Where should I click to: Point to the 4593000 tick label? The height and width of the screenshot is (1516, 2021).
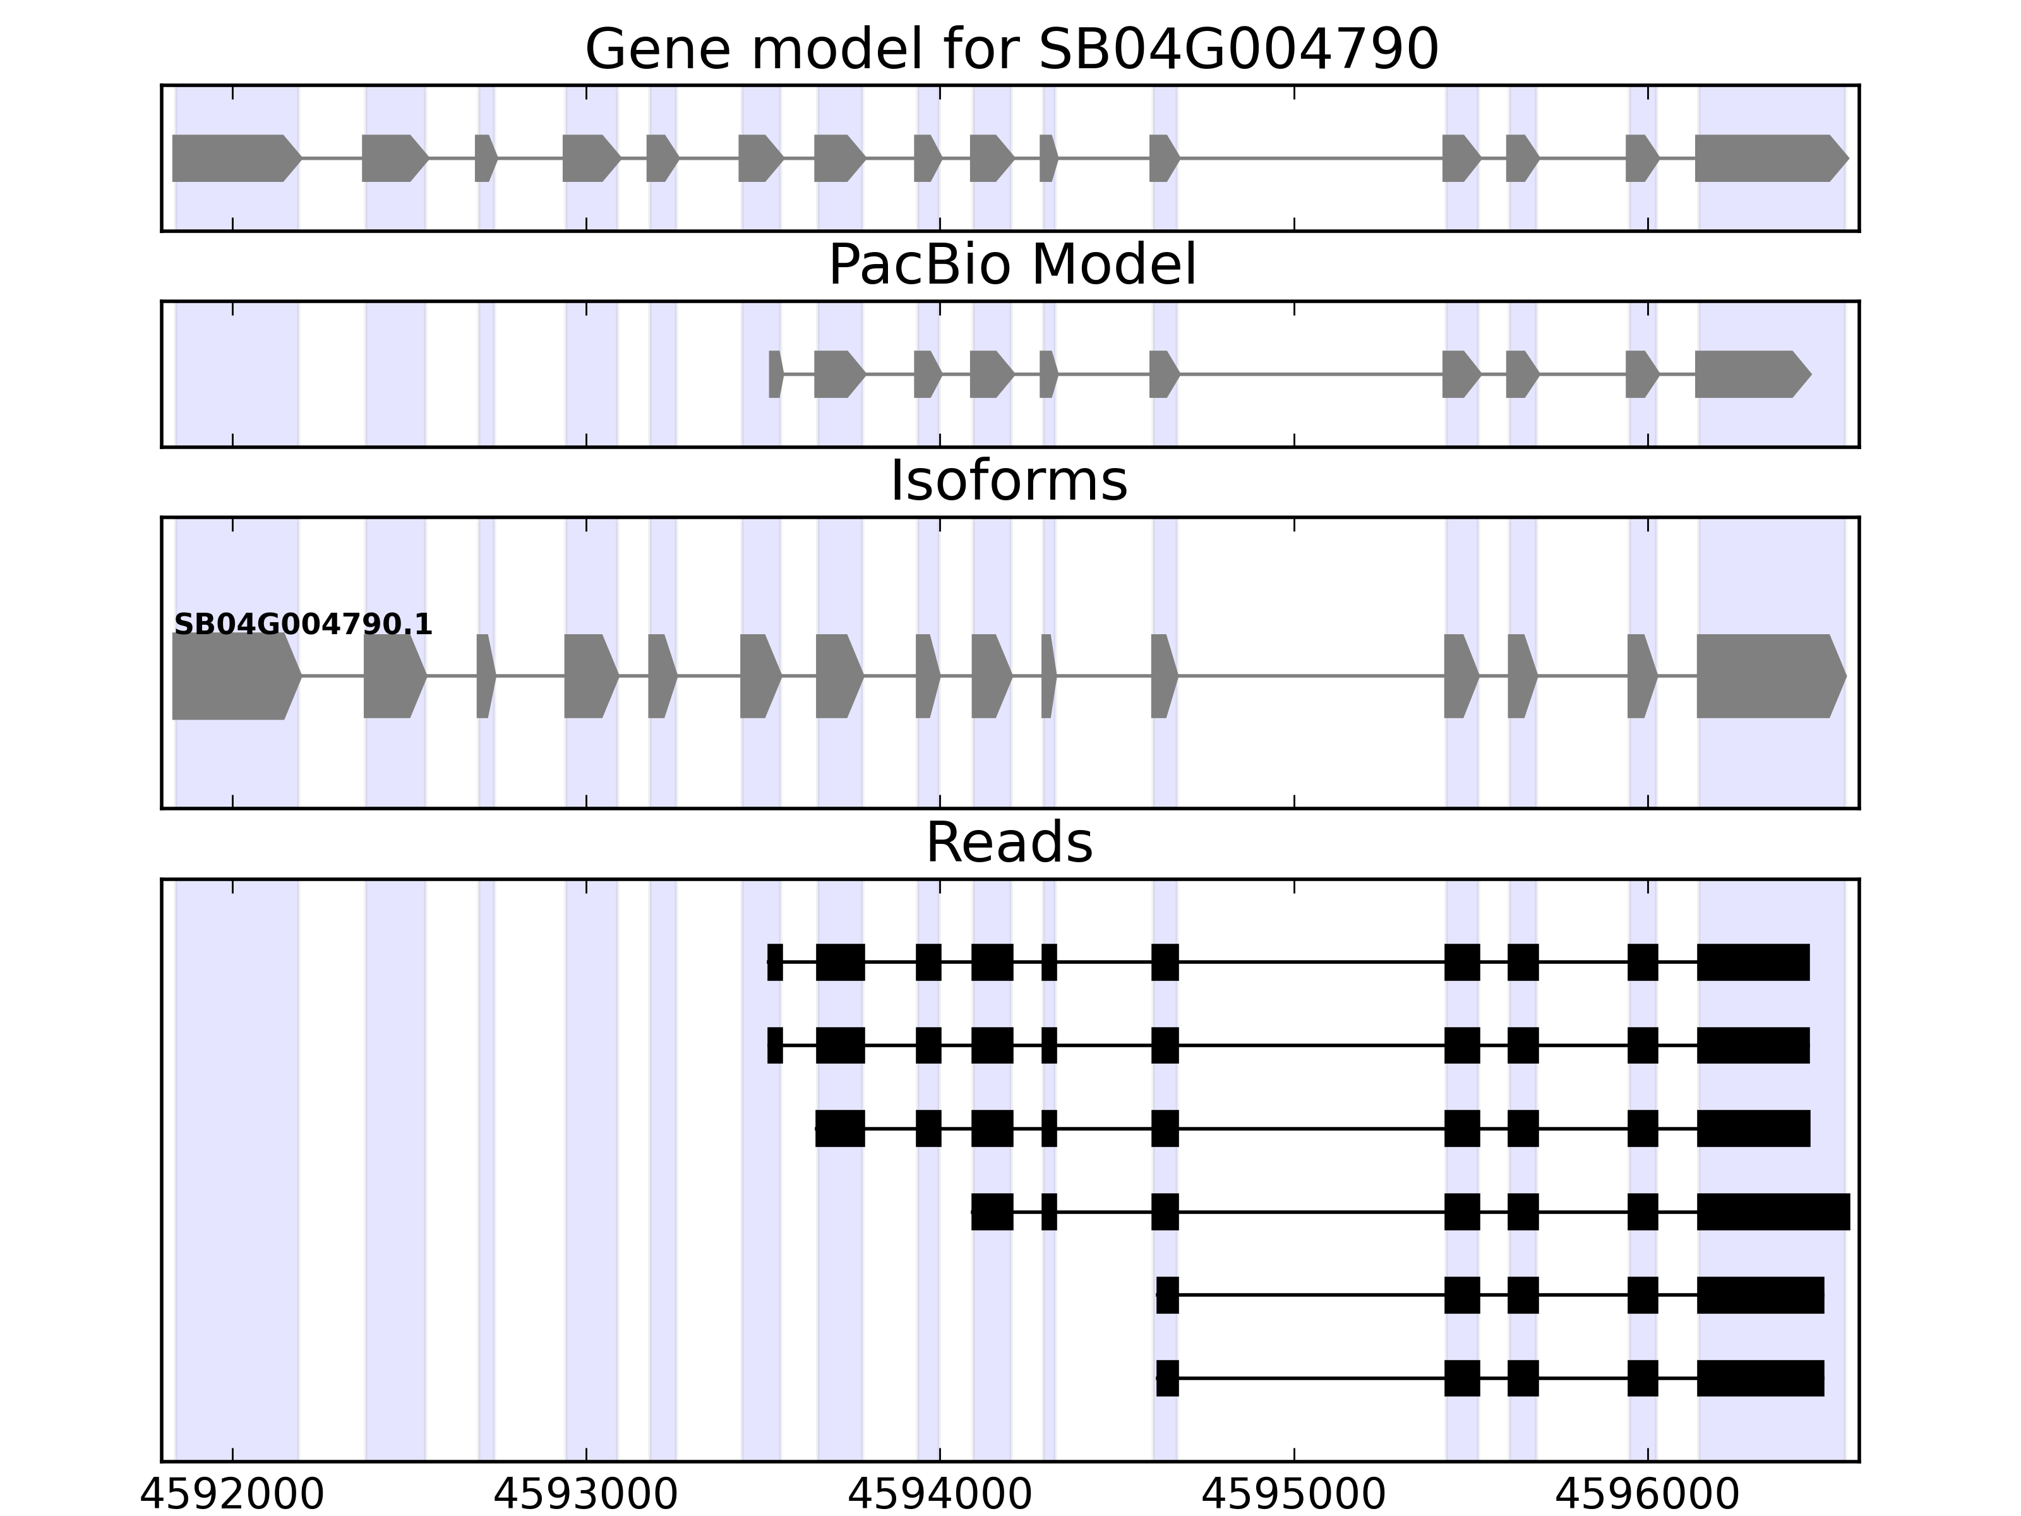click(585, 1495)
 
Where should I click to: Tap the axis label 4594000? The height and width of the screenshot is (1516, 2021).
click(940, 1495)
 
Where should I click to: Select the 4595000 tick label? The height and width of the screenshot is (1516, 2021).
click(1293, 1495)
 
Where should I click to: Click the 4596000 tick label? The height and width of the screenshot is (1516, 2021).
click(1647, 1495)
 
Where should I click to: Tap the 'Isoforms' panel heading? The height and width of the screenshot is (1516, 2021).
click(1009, 481)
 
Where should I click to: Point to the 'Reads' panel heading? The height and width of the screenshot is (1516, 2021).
click(1009, 843)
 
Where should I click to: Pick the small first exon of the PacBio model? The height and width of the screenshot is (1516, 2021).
click(775, 374)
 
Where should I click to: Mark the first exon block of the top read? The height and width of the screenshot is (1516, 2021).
click(775, 962)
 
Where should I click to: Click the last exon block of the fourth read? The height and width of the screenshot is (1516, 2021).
click(1773, 1212)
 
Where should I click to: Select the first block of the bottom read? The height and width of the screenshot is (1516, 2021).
click(1166, 1378)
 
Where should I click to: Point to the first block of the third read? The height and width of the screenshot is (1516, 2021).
click(839, 1129)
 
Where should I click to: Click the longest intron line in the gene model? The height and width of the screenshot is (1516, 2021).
click(1311, 158)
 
